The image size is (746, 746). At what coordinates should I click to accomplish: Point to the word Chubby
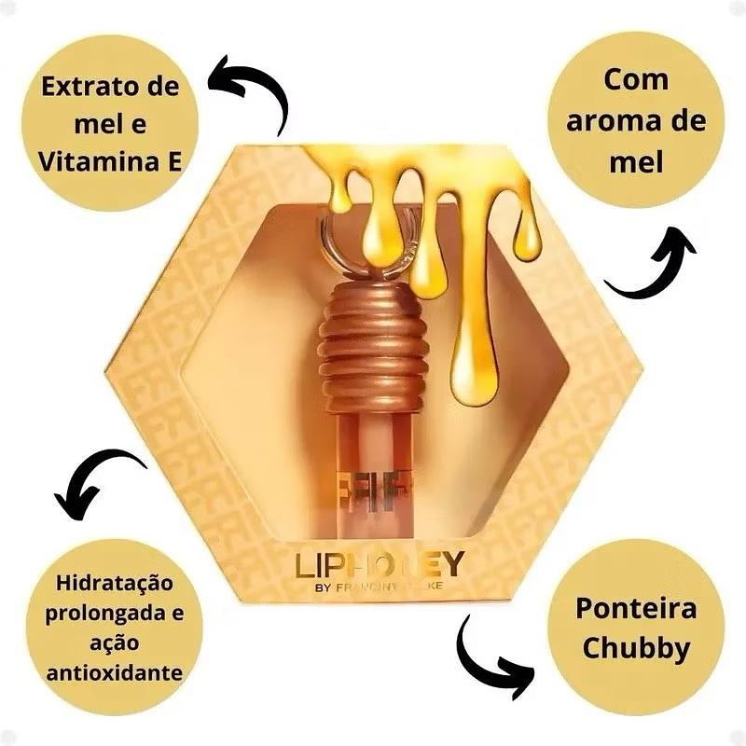[x=635, y=647]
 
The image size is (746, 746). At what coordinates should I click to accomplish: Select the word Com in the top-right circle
[x=636, y=79]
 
